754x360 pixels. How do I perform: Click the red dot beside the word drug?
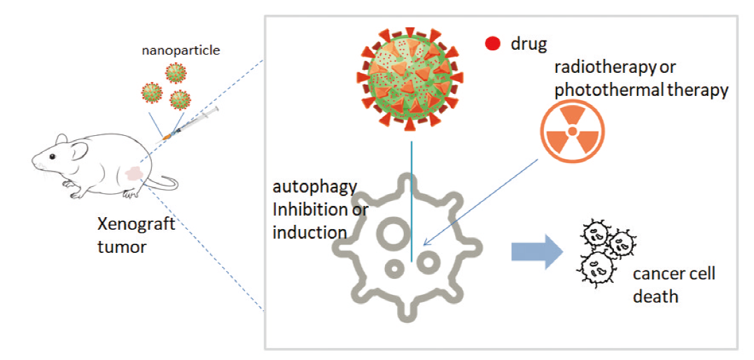pos(493,44)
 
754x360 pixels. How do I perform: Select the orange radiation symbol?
pos(572,131)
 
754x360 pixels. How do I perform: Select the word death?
pos(655,296)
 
